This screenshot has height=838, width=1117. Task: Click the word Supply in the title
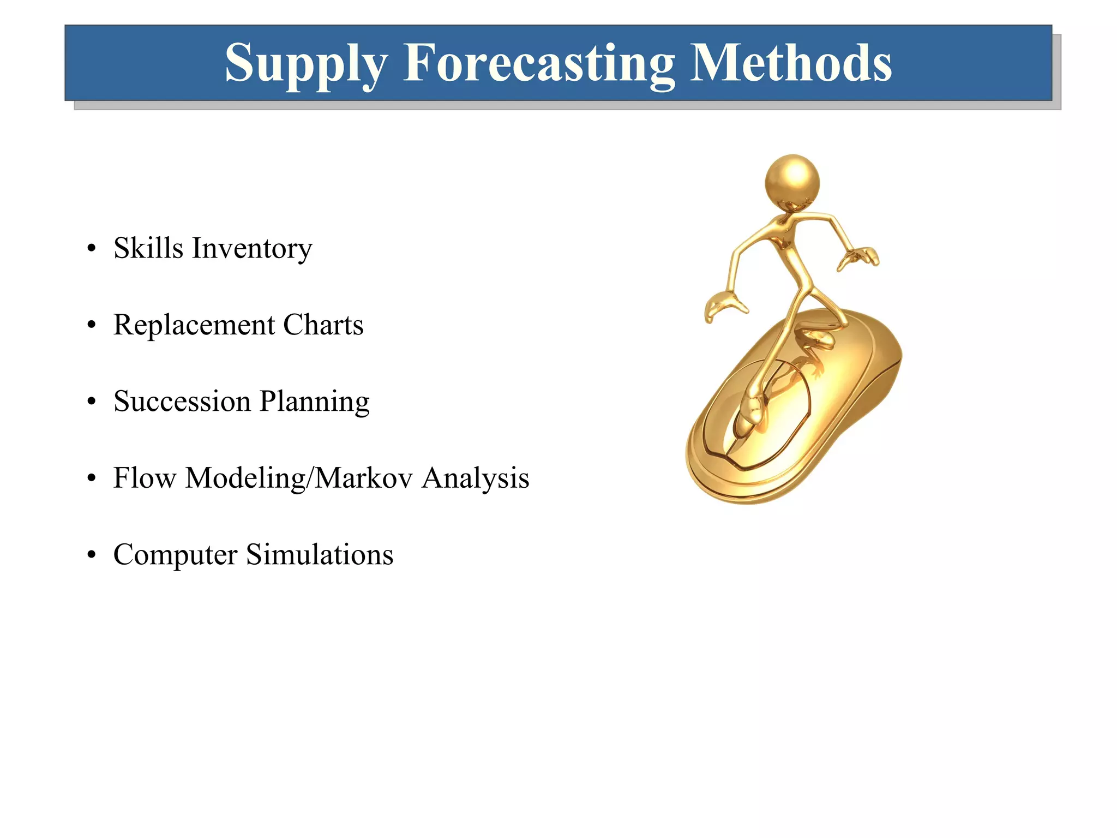coord(305,64)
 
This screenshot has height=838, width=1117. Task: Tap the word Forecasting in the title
coord(539,64)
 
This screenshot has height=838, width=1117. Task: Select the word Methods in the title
coord(790,63)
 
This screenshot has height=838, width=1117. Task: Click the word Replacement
coord(194,325)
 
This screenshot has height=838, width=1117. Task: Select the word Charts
coord(323,325)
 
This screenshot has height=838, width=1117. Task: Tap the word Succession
coord(182,402)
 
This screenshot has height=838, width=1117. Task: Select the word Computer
coord(175,555)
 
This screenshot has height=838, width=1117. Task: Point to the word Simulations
coord(320,555)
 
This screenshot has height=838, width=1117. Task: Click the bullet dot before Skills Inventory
coord(92,249)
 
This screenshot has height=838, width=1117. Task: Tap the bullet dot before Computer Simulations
coord(92,555)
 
